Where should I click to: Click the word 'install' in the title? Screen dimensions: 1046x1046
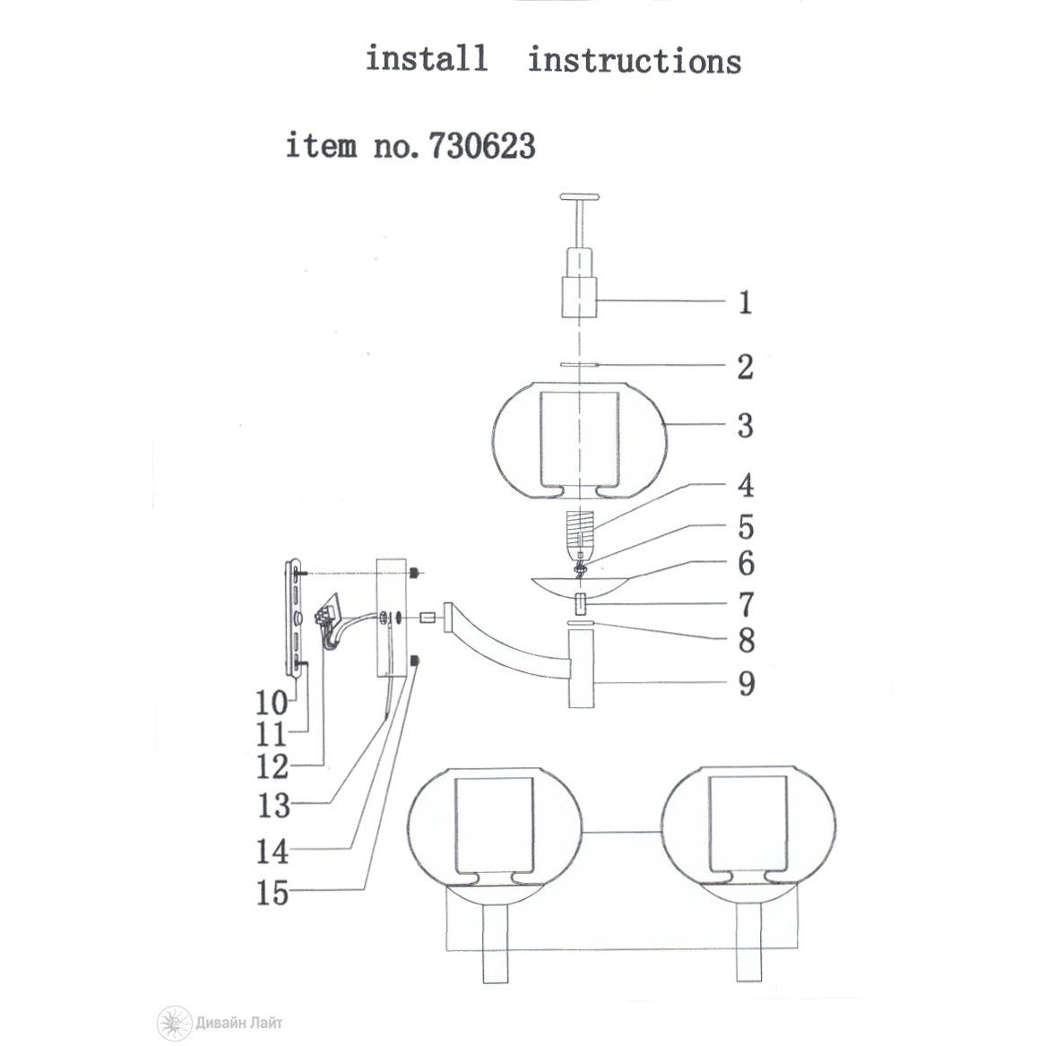click(427, 58)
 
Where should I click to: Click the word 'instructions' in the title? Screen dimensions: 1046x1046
click(635, 60)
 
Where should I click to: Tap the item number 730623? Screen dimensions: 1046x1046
click(481, 145)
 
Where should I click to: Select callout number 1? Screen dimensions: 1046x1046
click(745, 303)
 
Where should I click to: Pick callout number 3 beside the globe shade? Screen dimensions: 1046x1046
click(745, 426)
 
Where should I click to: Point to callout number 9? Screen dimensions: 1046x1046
click(747, 684)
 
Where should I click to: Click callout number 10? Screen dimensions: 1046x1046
click(272, 703)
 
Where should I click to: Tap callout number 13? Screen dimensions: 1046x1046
click(273, 805)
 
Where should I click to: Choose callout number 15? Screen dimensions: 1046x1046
click(272, 893)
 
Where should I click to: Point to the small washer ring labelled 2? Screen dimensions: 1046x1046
click(580, 365)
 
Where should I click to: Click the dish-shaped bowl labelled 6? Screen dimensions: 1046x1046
click(579, 585)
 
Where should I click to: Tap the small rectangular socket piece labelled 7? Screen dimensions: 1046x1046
click(580, 604)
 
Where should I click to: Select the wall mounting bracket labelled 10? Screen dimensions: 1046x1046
click(293, 620)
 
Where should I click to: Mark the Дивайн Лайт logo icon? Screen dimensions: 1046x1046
click(174, 1023)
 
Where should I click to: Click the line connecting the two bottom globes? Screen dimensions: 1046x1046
click(622, 833)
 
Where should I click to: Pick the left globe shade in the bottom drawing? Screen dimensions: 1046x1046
click(495, 827)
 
